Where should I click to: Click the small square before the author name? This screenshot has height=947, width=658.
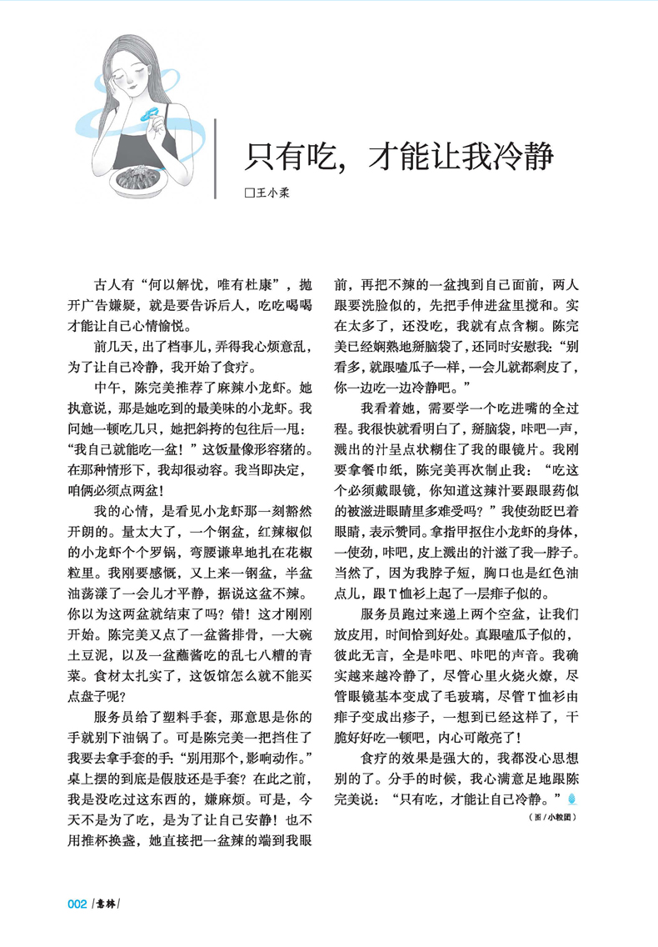(247, 193)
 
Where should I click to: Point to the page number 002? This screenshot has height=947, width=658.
(77, 904)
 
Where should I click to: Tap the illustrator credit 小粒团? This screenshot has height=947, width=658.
(561, 817)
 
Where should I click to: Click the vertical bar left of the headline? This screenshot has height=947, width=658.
(217, 158)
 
